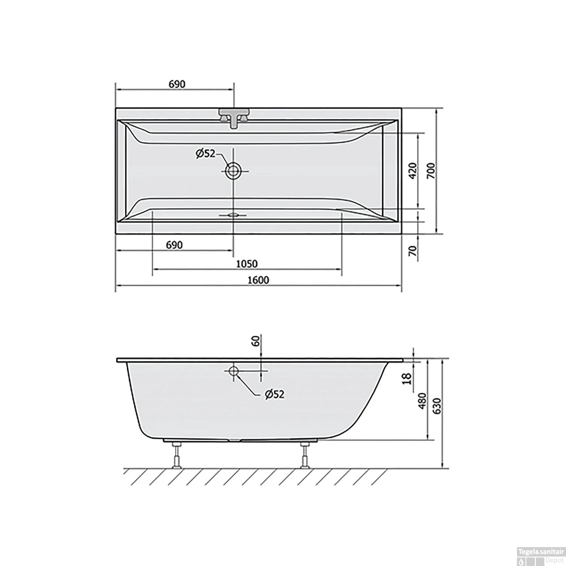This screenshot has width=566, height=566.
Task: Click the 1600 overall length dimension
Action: pos(258,280)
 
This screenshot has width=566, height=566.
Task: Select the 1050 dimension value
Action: pos(247,263)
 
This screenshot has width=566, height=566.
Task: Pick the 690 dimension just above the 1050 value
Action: pos(174,245)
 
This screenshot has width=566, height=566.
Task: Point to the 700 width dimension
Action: pos(431,171)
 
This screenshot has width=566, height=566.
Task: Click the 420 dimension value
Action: pos(412,171)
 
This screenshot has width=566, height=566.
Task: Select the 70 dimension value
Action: pos(413,250)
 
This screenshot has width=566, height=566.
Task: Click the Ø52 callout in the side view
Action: pos(274,394)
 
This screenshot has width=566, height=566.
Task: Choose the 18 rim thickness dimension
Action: pos(407,378)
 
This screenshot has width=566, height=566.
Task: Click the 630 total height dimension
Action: pos(436,406)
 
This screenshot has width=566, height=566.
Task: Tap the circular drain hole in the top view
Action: pos(233,171)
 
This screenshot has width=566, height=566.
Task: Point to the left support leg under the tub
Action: pos(176,455)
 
